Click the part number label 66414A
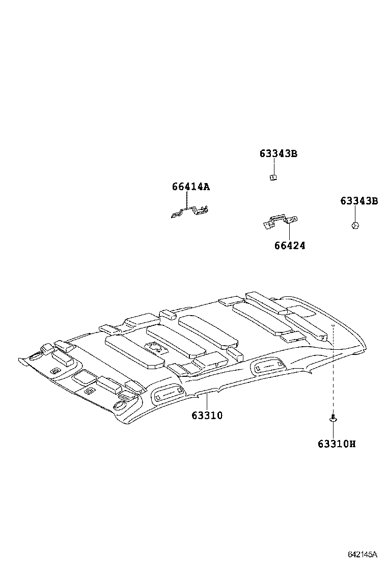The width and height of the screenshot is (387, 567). click(x=190, y=187)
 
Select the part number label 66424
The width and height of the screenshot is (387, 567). click(x=289, y=246)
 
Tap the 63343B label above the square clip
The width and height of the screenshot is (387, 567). click(x=278, y=153)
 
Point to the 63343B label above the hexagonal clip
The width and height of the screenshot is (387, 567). click(x=359, y=201)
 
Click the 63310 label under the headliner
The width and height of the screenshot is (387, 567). click(x=207, y=416)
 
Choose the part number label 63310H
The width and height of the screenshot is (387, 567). click(x=337, y=444)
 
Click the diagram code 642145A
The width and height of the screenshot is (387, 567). click(x=362, y=554)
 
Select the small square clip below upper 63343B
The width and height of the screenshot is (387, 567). click(x=273, y=177)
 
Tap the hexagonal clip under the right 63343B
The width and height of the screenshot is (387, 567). click(x=355, y=225)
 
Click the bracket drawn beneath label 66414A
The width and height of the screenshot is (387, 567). click(x=190, y=212)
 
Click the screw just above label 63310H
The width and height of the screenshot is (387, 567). click(x=333, y=418)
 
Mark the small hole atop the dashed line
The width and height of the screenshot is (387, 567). click(x=333, y=325)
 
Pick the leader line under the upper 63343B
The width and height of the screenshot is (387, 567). click(x=273, y=166)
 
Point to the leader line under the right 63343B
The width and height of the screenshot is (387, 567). click(x=355, y=214)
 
